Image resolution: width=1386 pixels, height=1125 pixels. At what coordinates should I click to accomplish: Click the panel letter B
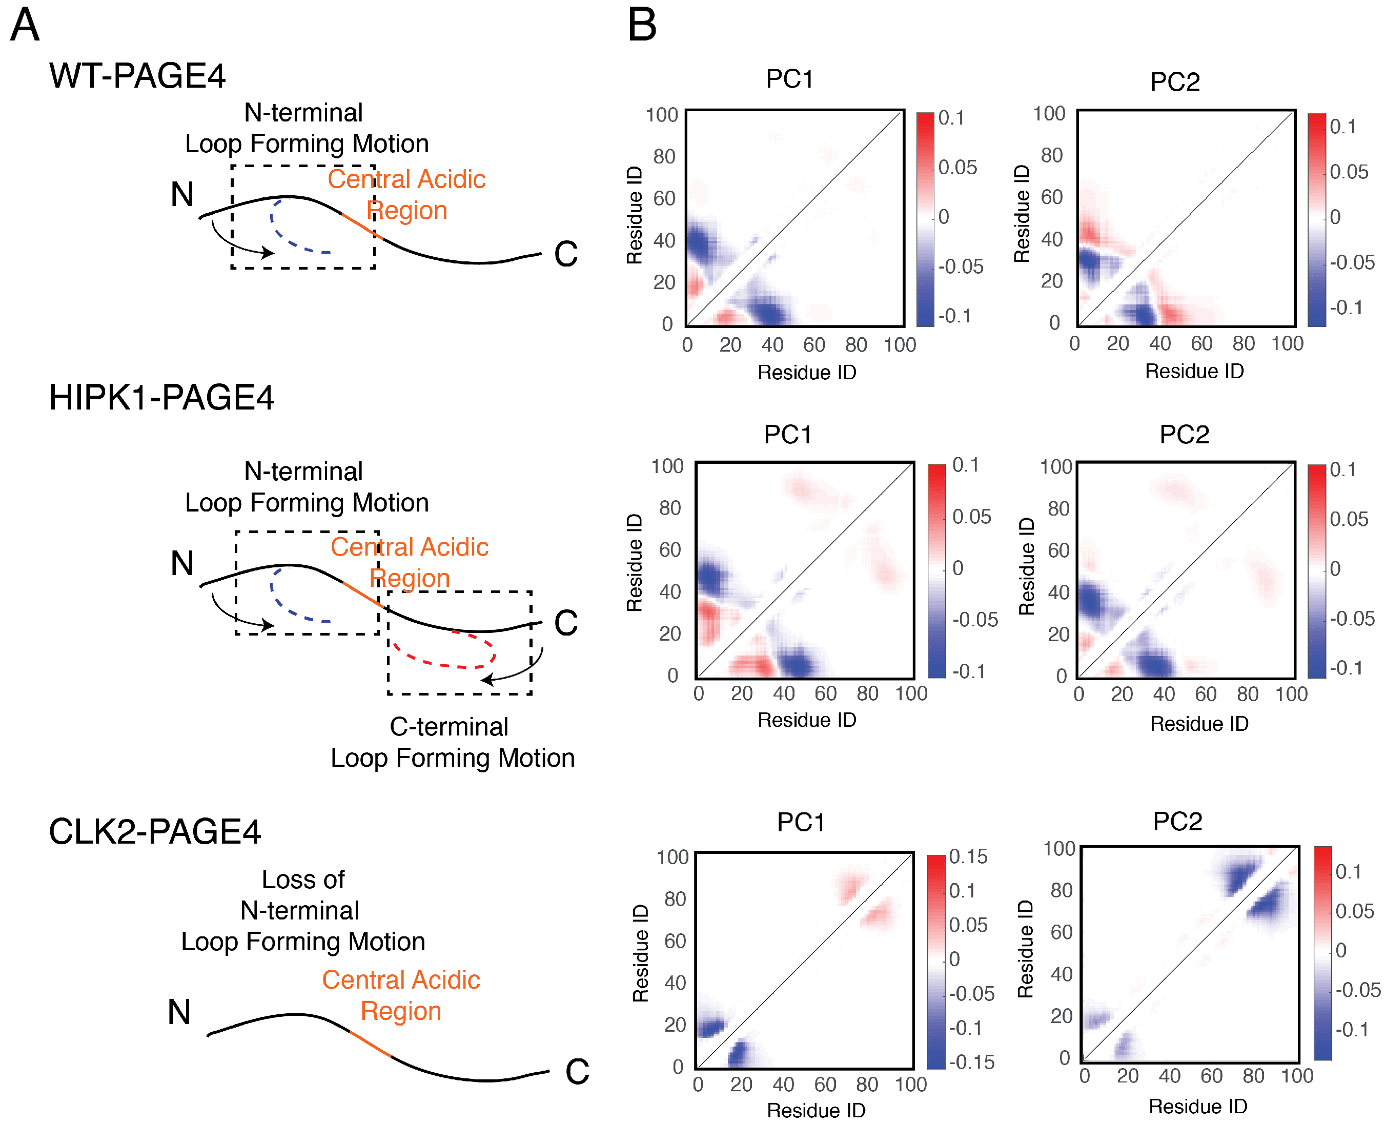coord(642,26)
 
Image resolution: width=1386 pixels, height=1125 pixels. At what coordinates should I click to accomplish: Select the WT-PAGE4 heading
coord(137,76)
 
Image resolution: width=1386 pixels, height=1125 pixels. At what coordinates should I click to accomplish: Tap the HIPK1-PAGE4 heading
coord(161,397)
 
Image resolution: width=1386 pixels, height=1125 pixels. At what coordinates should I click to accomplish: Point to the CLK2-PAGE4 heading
coord(155,831)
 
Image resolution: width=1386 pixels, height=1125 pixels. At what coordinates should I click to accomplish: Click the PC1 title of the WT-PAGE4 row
coord(789,79)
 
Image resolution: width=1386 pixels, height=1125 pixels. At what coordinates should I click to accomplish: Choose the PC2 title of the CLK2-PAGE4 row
coord(1177,822)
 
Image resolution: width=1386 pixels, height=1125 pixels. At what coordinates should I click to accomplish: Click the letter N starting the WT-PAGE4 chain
coord(182,194)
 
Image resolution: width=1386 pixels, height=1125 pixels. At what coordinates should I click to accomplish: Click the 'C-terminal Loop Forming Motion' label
coord(452,743)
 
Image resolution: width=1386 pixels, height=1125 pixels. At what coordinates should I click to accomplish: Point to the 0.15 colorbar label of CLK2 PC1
coord(968,857)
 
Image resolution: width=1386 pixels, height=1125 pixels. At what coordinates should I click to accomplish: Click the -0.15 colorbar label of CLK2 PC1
coord(971,1062)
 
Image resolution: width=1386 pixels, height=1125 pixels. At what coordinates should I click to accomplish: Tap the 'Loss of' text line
coord(302,879)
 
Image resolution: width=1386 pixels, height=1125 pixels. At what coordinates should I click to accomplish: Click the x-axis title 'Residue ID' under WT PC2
coord(1194,372)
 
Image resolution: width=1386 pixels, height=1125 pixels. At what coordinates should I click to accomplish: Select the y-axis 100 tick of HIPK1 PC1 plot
coord(667,466)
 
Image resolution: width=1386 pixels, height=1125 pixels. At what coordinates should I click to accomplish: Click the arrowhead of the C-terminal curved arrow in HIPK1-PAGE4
coord(486,680)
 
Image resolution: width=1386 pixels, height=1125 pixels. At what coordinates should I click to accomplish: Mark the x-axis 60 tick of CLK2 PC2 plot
coord(1211,1076)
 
